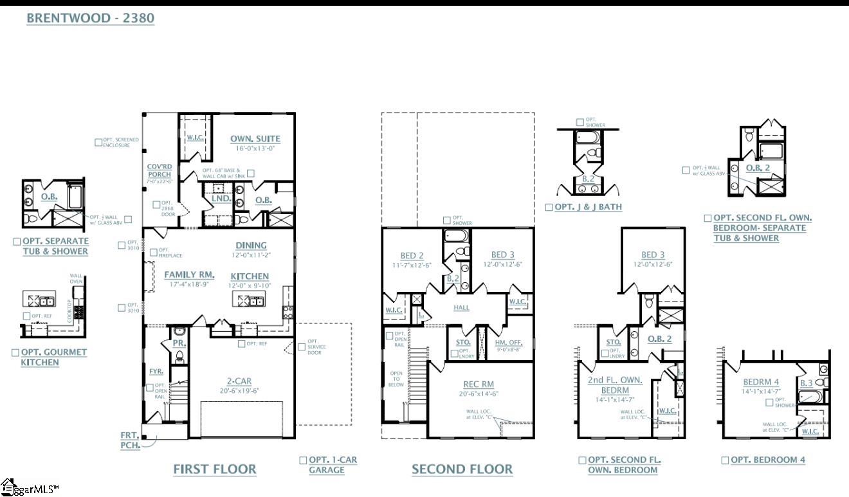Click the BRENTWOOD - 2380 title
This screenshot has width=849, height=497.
[90, 18]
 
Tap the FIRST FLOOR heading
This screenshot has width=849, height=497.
[215, 469]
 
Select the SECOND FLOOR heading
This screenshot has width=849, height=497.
[462, 469]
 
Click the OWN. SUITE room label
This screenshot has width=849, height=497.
[255, 139]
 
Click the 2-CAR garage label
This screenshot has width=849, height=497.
[239, 381]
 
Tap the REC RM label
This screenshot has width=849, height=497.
[479, 384]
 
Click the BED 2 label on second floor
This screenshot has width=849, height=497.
[412, 256]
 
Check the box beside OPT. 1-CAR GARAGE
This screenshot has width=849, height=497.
[303, 460]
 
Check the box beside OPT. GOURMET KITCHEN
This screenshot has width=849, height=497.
[16, 352]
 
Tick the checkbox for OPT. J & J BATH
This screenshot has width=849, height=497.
[549, 207]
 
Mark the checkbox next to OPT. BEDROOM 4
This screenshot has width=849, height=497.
[725, 460]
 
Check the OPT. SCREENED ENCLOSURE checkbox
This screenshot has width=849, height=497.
[98, 142]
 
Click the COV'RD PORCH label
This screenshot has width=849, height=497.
[159, 170]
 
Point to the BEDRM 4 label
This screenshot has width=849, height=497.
[761, 382]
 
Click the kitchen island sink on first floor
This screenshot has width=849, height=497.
[249, 300]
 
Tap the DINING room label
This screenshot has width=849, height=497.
[251, 245]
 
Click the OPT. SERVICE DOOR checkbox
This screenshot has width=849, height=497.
[302, 347]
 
